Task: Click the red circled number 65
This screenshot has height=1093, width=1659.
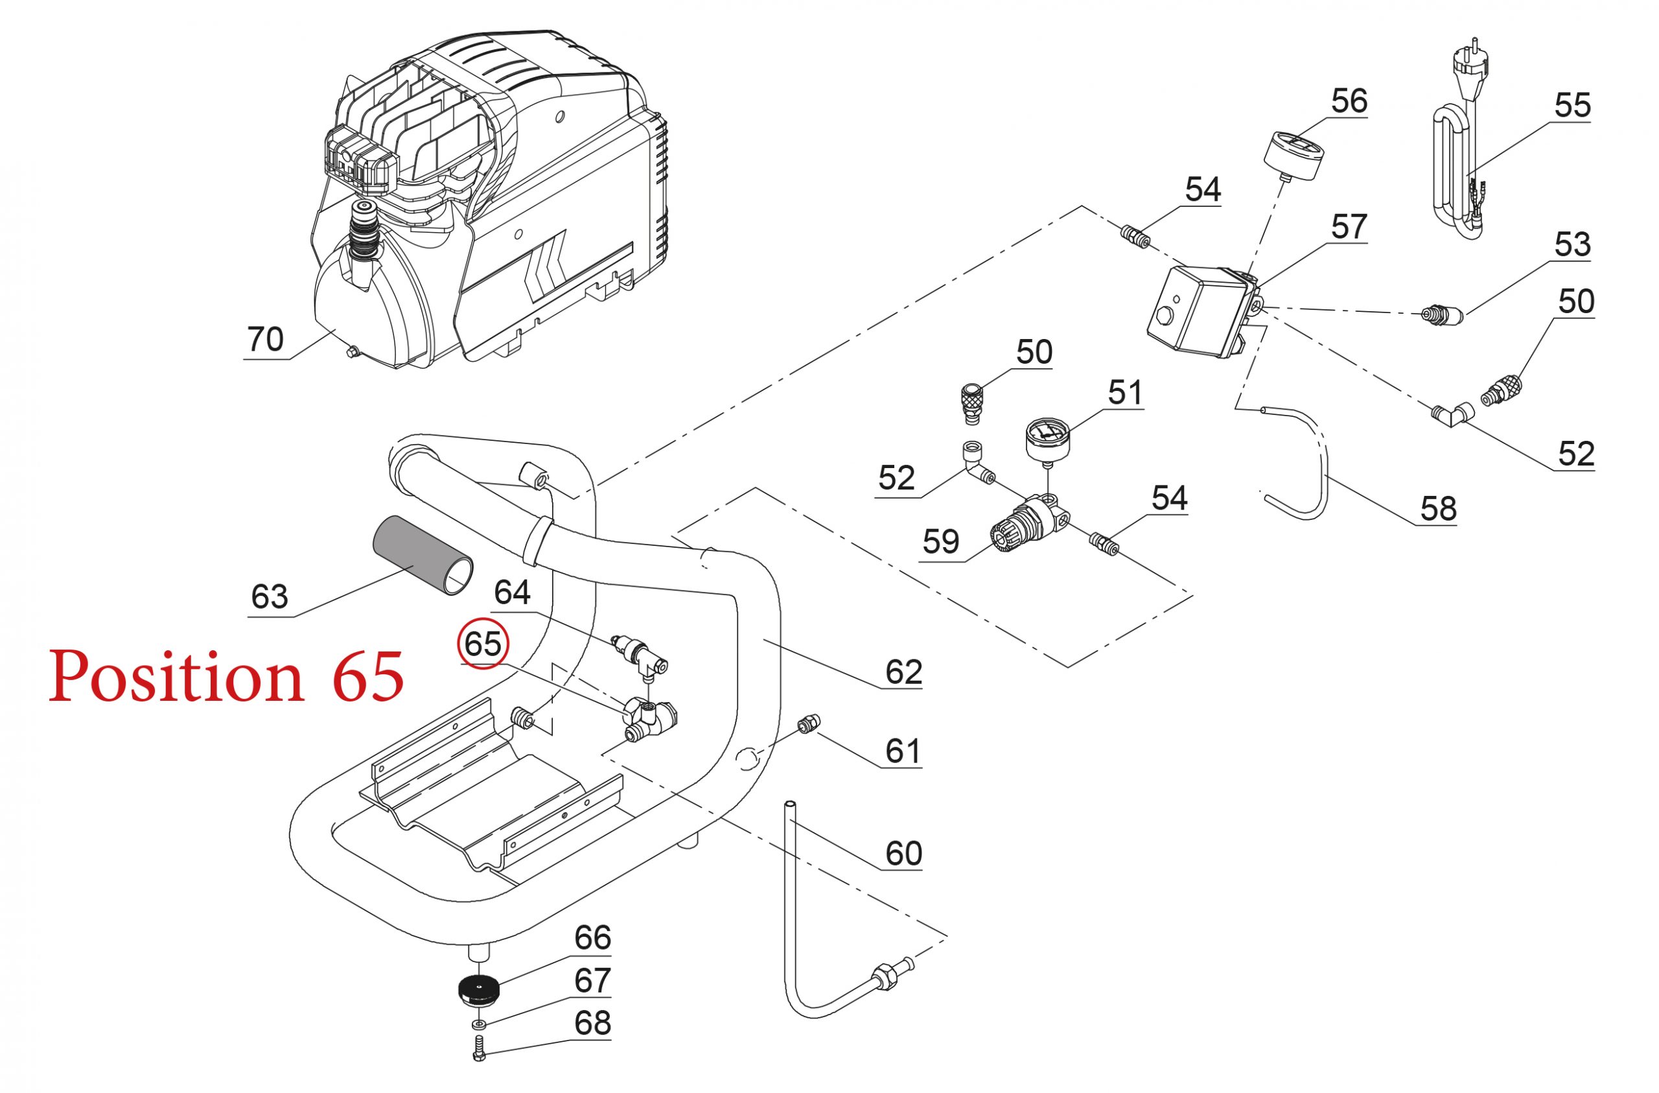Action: pos(483,643)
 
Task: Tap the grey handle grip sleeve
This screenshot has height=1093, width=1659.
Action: pos(421,555)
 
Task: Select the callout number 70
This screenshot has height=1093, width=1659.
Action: pos(266,340)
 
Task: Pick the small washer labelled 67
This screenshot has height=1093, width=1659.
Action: pos(478,1024)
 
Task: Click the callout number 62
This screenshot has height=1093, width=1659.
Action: pos(904,672)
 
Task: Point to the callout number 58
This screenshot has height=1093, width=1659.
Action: pos(1438,508)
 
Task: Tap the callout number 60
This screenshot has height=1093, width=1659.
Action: pos(904,852)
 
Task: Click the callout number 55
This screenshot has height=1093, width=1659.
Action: pos(1573,105)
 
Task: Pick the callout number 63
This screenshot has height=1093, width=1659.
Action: pos(270,597)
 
